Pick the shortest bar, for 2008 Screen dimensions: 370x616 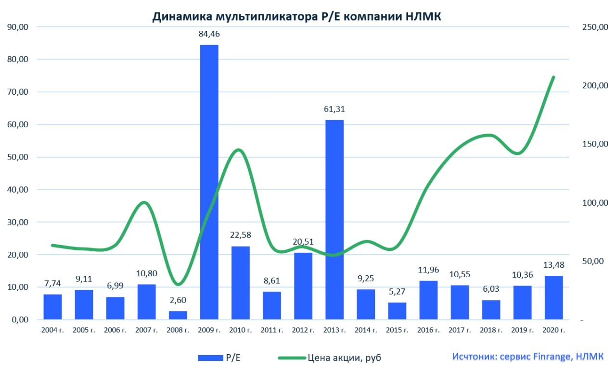(178, 315)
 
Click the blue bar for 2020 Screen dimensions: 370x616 (553, 297)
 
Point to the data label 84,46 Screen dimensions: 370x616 (209, 34)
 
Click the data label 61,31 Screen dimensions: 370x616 (334, 110)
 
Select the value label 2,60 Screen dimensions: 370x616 (178, 300)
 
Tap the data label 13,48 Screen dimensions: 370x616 (553, 265)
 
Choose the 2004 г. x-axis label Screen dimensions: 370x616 (53, 330)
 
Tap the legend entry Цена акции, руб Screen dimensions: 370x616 (332, 358)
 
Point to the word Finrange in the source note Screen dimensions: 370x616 (552, 357)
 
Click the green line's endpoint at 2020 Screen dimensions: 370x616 (553, 77)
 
